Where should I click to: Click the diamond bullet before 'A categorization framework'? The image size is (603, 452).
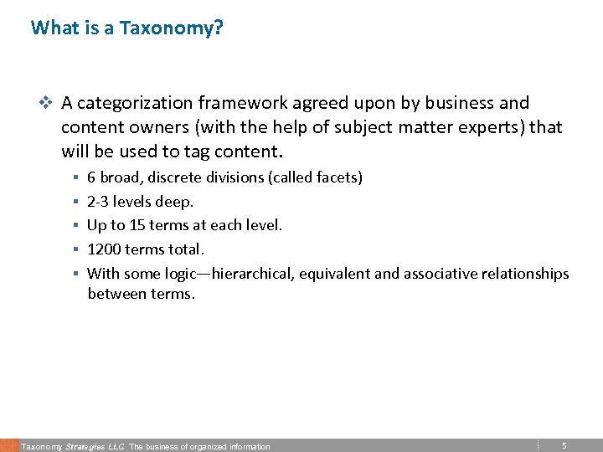[x=46, y=103]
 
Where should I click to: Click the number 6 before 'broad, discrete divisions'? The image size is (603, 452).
[x=91, y=177]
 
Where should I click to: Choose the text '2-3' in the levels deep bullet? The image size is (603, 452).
[x=98, y=202]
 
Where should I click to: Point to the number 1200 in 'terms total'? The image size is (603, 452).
[x=104, y=249]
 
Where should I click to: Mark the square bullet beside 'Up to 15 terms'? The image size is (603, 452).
[x=75, y=226]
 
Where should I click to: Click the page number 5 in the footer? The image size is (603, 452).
[x=564, y=446]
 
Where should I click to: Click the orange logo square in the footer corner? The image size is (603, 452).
[x=9, y=445]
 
